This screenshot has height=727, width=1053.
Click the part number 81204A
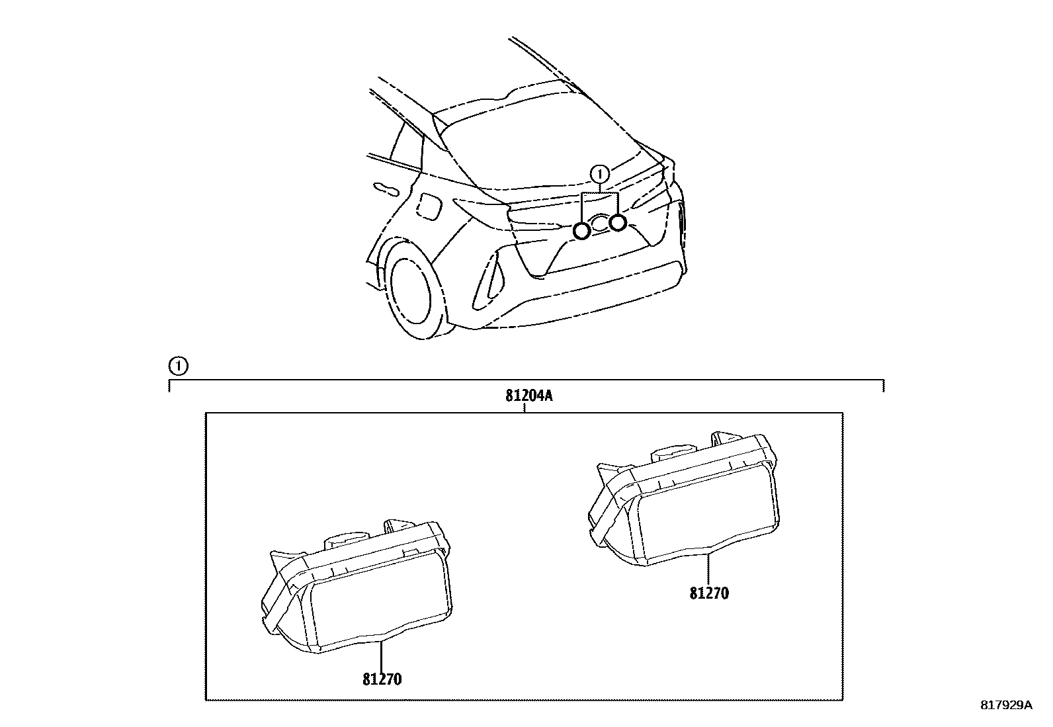(x=528, y=396)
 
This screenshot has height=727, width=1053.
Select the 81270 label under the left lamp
(x=382, y=679)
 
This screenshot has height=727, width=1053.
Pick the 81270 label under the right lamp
(x=708, y=593)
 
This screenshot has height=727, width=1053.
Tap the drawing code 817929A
(x=1005, y=705)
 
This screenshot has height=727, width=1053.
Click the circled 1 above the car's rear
(x=599, y=174)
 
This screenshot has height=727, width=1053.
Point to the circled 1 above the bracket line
(x=178, y=365)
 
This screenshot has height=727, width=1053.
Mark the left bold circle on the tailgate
(x=582, y=230)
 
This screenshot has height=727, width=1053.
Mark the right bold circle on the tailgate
(x=618, y=223)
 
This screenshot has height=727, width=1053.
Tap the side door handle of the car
(x=386, y=190)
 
